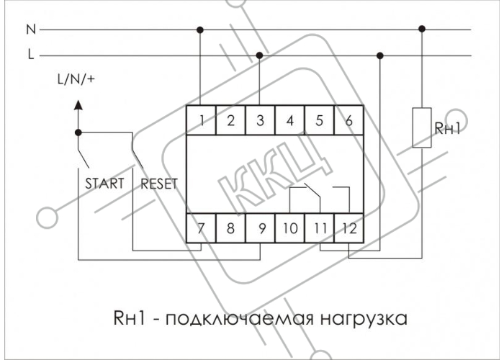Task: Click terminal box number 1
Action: point(201,120)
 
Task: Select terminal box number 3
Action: point(260,120)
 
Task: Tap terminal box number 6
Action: point(349,120)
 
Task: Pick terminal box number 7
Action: point(201,228)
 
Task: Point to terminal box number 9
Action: point(260,228)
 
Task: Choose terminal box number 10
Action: point(289,228)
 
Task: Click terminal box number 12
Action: point(349,228)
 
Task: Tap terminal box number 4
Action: point(289,120)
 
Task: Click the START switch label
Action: point(104,184)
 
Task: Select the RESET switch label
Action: point(159,184)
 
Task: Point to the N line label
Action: point(31,30)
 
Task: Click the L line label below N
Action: point(31,54)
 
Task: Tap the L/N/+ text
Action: point(76,78)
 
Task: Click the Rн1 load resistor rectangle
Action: point(422,127)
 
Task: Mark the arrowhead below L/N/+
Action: point(78,105)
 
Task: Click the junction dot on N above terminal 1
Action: point(200,30)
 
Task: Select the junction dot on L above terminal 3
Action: point(259,55)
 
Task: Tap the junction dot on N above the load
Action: point(422,30)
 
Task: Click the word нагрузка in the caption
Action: point(364,319)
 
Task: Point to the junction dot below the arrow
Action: point(78,132)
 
